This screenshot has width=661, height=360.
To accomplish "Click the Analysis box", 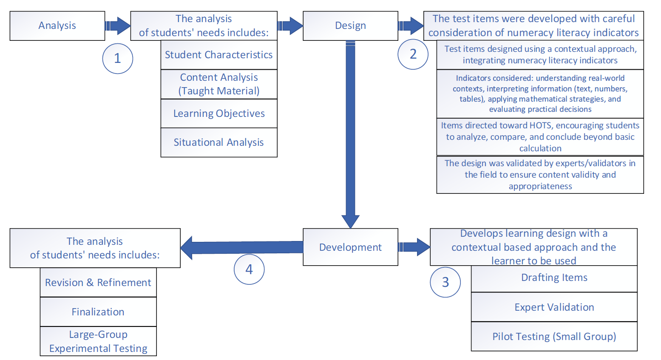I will [x=57, y=26].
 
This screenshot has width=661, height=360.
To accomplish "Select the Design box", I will [x=350, y=26].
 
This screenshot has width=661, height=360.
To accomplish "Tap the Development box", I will [x=350, y=247].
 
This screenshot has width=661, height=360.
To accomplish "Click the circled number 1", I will [x=118, y=59].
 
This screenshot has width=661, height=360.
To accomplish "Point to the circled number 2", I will [x=413, y=54].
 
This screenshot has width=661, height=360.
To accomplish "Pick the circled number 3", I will [x=445, y=282].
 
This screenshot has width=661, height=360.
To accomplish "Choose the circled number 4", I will [x=249, y=269].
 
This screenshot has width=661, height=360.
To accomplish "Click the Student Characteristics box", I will [x=219, y=55].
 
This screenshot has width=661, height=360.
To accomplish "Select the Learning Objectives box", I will [x=219, y=113].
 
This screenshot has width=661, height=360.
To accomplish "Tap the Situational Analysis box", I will [x=219, y=142].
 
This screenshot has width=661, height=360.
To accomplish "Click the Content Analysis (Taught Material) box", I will [x=219, y=84].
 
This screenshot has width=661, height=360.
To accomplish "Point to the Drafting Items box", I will [x=554, y=278].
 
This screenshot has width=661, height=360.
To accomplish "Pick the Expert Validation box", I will [x=554, y=307].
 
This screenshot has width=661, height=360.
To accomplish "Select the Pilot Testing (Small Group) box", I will [x=554, y=337].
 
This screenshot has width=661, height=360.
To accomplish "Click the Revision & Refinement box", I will [x=98, y=283].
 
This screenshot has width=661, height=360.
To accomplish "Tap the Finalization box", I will [x=98, y=312].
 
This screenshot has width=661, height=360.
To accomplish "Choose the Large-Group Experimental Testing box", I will [x=98, y=341].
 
